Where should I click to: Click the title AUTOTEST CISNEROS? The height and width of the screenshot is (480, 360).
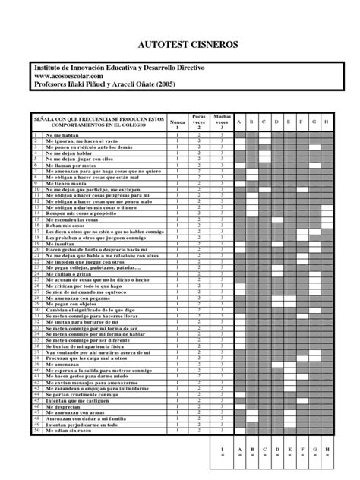coord(180,46)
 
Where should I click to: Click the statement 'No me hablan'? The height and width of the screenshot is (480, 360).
coord(58,134)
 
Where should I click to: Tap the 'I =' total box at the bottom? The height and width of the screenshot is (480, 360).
coord(222,452)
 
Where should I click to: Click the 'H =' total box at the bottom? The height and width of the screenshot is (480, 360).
coord(326,452)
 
